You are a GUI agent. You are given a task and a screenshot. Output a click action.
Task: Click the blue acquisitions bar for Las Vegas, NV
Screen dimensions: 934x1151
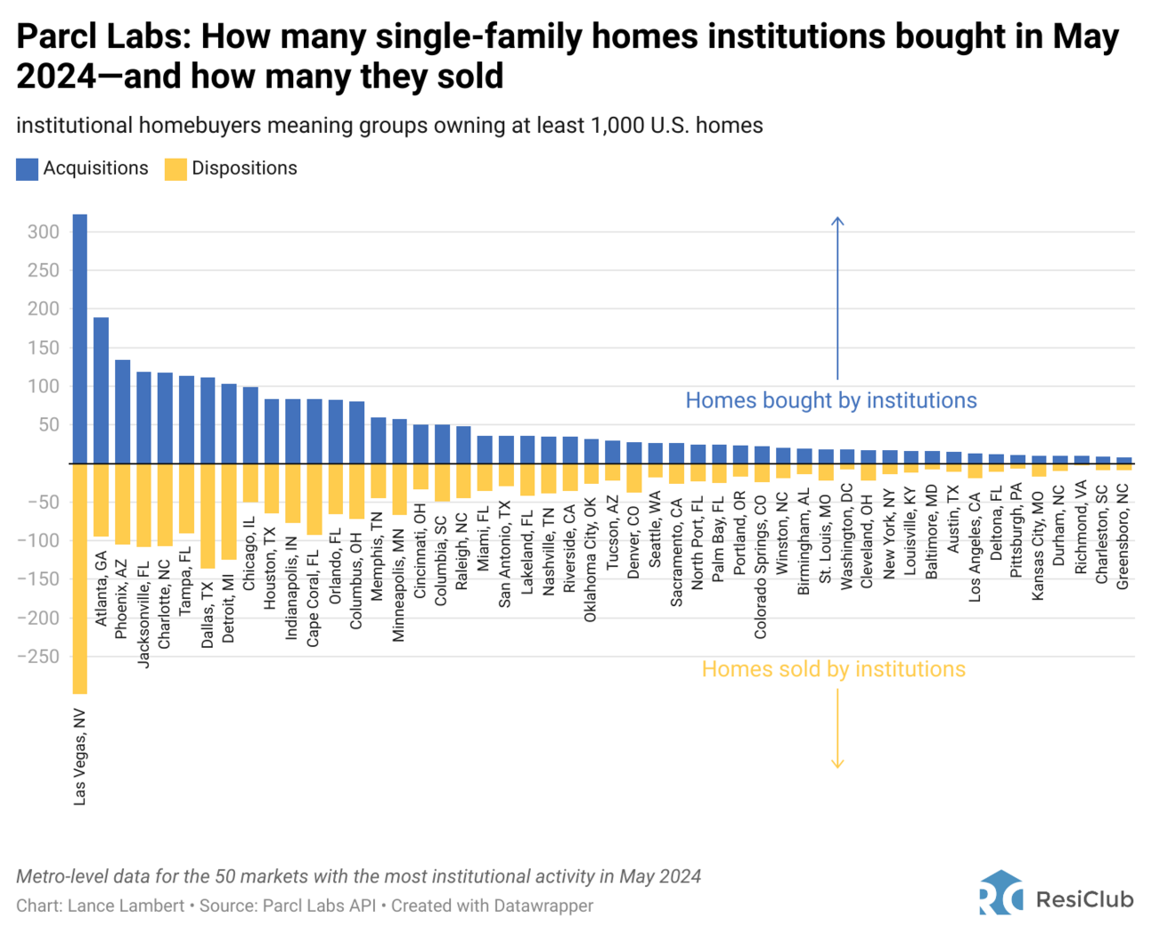pos(79,339)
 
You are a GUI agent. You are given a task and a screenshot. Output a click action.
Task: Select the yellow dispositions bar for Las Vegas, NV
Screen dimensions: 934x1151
pos(79,579)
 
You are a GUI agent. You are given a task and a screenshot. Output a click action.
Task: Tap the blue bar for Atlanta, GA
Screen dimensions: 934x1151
pos(101,390)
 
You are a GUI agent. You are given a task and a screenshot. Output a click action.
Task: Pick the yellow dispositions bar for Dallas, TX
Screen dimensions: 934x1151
pos(208,516)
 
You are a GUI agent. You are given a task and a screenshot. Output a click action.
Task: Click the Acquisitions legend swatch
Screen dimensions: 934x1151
pos(27,169)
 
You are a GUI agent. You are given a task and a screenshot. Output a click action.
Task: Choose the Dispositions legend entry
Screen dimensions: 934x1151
pos(232,168)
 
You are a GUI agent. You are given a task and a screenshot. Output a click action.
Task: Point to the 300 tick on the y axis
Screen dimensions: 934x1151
pos(43,232)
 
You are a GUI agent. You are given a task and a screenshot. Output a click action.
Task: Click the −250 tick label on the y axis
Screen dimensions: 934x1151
pos(38,657)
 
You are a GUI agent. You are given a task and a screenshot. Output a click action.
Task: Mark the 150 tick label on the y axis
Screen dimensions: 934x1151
pos(43,348)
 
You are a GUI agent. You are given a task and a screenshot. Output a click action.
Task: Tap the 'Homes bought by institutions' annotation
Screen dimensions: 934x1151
pos(830,401)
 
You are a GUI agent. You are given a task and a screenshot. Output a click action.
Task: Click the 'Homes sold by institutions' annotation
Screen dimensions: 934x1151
pos(833,669)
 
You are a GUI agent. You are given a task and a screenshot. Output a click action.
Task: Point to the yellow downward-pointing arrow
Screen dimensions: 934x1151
pos(837,726)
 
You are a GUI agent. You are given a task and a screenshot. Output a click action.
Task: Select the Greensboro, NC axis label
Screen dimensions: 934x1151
pos(1123,537)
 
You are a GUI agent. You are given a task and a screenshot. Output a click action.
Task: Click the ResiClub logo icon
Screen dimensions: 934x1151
pos(1000,893)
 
